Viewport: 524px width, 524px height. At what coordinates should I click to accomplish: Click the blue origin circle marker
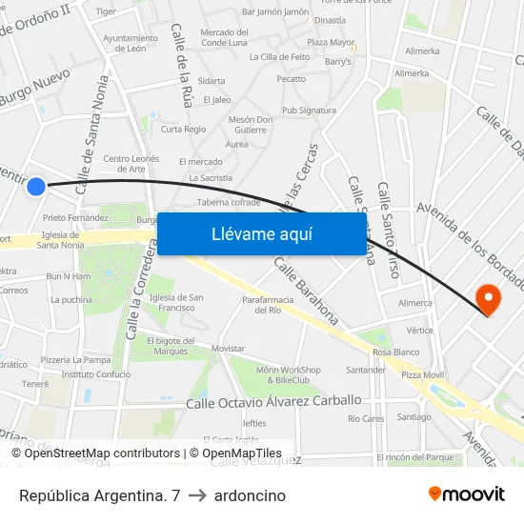pos(36,187)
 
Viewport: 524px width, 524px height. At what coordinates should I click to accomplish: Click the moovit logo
pos(466,494)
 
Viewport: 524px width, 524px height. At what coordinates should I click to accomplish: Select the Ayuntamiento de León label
pos(124,43)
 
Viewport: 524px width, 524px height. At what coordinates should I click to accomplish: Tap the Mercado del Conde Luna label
pos(224,37)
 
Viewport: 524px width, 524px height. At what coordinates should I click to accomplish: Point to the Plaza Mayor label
pos(331,42)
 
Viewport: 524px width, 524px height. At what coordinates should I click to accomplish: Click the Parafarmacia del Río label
pos(262,304)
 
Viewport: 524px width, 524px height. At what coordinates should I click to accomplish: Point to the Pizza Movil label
pos(422,375)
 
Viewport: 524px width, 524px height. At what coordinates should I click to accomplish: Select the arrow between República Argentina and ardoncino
pos(193,495)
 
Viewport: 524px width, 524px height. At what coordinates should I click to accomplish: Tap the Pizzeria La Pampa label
pos(75,360)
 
